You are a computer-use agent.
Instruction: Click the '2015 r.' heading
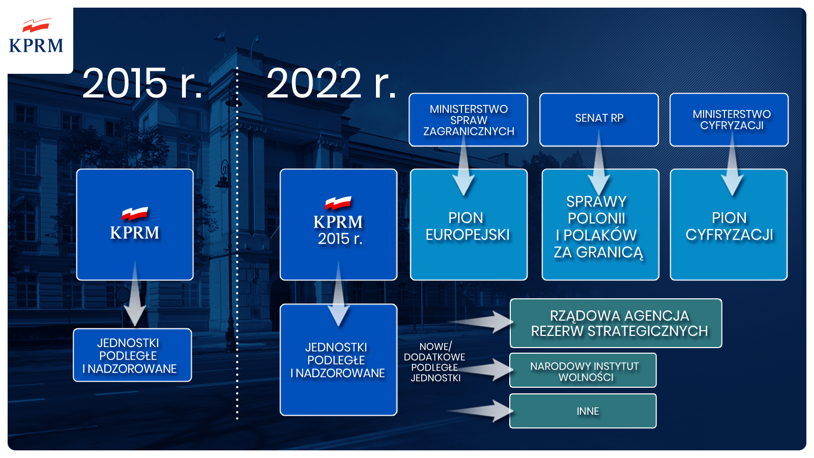142,83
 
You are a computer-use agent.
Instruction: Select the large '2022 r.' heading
331,83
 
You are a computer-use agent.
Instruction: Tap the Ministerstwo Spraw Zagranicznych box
468,120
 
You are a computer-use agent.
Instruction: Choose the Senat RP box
599,119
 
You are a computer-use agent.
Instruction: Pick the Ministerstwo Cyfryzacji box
729,120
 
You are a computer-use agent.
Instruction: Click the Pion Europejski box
468,226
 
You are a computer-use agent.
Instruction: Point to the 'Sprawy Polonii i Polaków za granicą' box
600,227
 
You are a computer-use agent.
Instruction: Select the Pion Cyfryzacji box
729,226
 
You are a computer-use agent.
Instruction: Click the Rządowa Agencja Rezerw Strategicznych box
616,324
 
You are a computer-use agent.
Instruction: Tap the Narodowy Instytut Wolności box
583,371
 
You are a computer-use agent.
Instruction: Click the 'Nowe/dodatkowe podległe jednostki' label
435,362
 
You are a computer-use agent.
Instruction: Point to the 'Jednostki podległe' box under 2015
132,355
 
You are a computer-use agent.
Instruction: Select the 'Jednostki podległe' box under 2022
338,360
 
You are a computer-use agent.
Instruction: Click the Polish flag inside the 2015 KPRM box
135,213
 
